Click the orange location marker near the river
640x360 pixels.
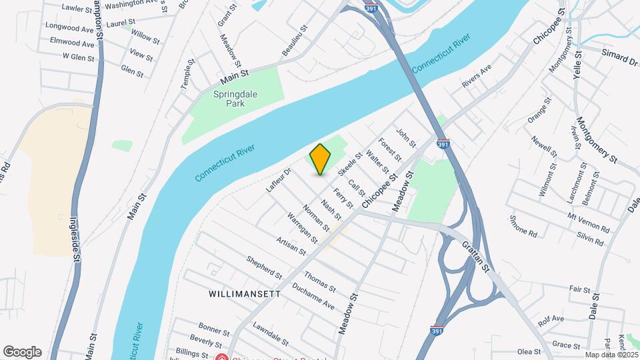(320, 159)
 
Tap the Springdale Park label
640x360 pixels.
(235, 99)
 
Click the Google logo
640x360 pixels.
(22, 352)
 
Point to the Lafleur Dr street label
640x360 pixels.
(279, 180)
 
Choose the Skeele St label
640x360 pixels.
(349, 164)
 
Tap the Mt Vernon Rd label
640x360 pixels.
(589, 223)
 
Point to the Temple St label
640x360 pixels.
(187, 73)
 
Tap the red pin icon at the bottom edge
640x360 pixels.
(222, 357)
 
